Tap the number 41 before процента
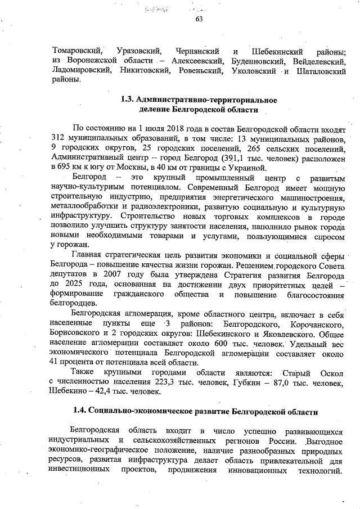pyautogui.click(x=55, y=363)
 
